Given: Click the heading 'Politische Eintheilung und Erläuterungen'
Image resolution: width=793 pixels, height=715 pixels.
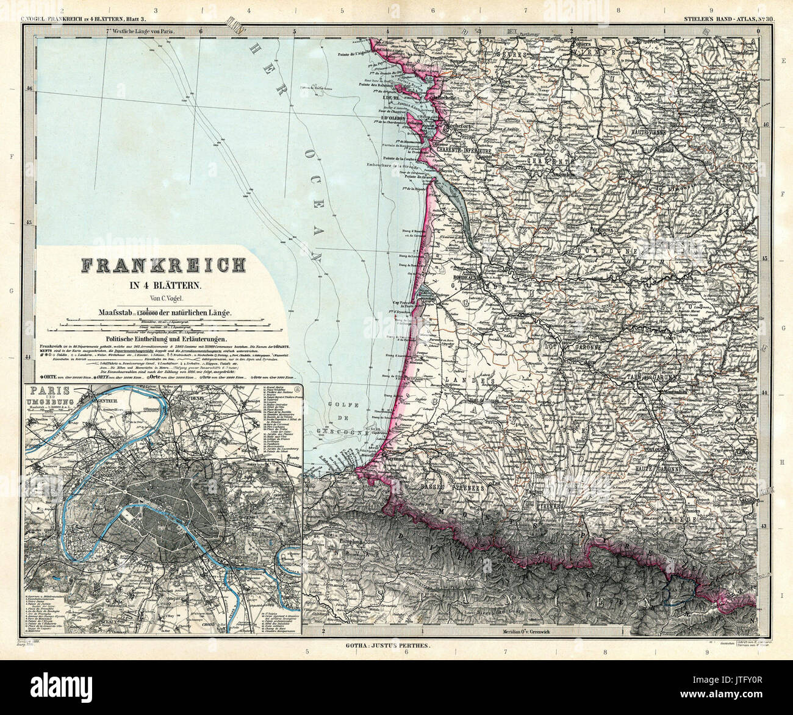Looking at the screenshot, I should (x=166, y=339).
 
